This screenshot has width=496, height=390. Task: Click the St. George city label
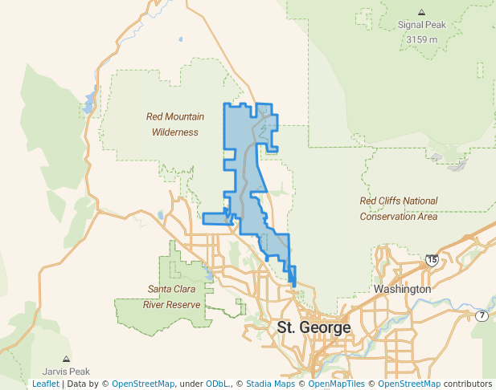(x=314, y=327)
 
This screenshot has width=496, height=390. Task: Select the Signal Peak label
(x=421, y=25)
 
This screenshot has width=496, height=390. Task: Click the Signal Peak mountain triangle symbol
(x=421, y=12)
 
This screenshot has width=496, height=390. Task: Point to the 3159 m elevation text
(x=421, y=39)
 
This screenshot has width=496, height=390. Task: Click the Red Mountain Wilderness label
(x=174, y=124)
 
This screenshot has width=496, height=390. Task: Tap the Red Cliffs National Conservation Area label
(x=399, y=209)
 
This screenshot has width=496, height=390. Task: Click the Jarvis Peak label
(x=66, y=372)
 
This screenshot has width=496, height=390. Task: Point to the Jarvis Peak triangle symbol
(x=66, y=359)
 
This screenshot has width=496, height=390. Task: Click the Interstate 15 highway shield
(x=432, y=260)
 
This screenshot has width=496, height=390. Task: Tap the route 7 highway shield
(x=481, y=315)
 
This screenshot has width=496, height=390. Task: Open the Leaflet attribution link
(x=45, y=384)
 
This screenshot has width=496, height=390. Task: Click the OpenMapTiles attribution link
(x=337, y=384)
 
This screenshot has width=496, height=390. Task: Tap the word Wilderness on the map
(x=174, y=132)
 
